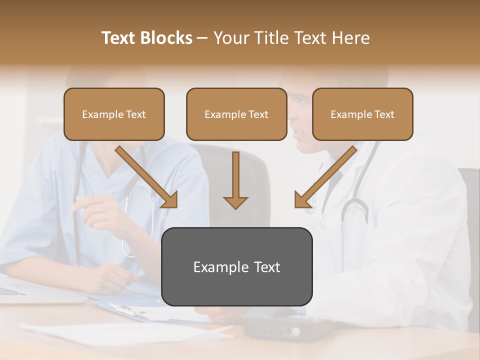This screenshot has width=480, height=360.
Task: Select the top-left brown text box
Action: click(x=114, y=114)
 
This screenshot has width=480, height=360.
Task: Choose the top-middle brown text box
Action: click(x=236, y=114)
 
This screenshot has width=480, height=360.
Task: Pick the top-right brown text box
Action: click(x=362, y=114)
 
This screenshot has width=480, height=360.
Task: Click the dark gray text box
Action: click(x=236, y=266)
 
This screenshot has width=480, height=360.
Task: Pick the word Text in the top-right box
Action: click(x=384, y=114)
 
